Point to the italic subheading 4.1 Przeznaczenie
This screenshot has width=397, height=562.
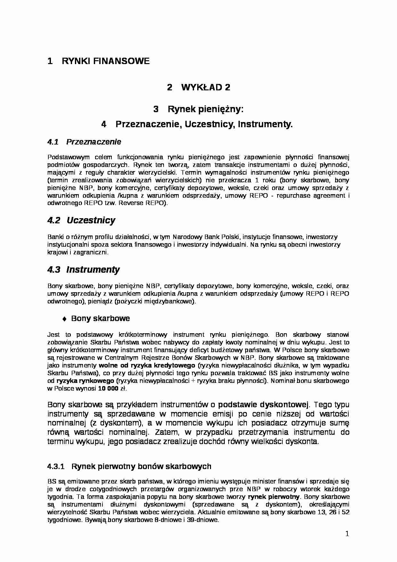click(x=84, y=142)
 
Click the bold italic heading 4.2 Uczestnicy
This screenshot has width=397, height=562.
click(x=81, y=220)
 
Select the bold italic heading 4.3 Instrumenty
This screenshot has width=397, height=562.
click(x=84, y=270)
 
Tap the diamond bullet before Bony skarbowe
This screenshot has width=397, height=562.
click(x=64, y=319)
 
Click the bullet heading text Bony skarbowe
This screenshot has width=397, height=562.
click(x=101, y=318)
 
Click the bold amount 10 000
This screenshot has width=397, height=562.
click(x=108, y=389)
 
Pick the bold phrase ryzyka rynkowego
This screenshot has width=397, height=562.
click(x=85, y=381)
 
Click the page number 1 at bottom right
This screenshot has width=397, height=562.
click(x=347, y=534)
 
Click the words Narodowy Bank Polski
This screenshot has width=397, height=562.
click(x=206, y=237)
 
